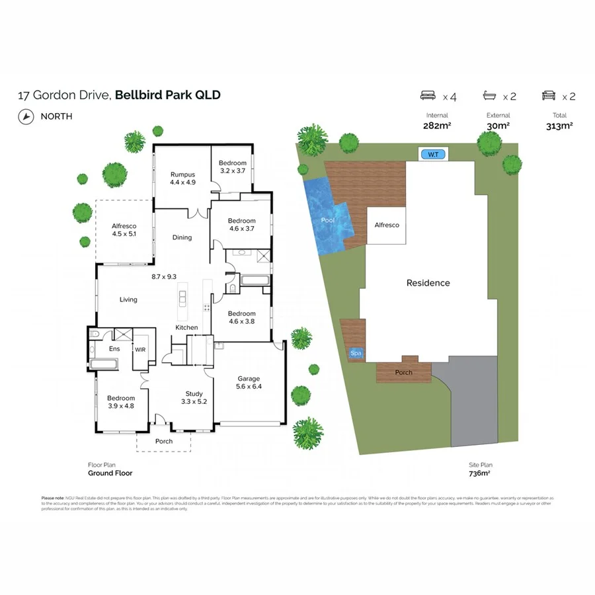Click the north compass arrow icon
(26, 116)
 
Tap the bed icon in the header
(428, 96)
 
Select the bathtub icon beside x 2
(491, 96)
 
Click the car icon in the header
(548, 96)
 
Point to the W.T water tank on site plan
(433, 154)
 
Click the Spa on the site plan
(356, 354)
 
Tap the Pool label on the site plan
(328, 219)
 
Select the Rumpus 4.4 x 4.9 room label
(182, 178)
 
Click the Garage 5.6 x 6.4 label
(249, 383)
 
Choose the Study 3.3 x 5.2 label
(194, 397)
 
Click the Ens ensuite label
(114, 348)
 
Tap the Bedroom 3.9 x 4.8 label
(120, 402)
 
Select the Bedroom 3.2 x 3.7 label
(233, 167)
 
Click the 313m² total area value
(559, 126)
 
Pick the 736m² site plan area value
(479, 473)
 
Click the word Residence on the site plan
(428, 282)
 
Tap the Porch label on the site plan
(403, 372)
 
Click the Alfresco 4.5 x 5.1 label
(124, 229)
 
